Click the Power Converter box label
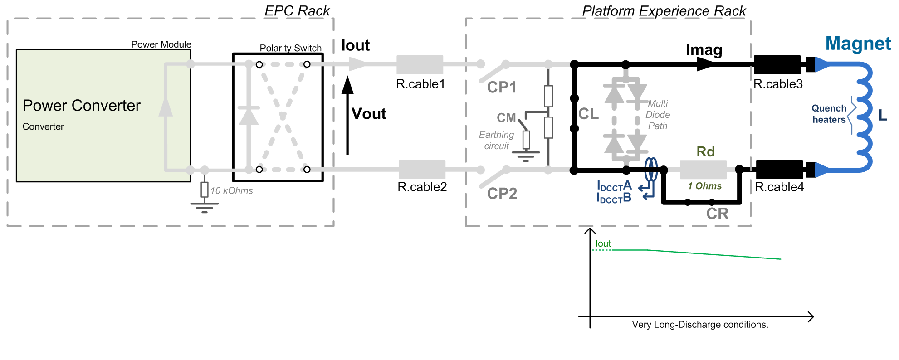point(82,106)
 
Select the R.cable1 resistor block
point(420,64)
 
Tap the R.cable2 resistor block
point(422,169)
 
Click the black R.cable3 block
point(777,64)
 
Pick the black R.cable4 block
point(779,169)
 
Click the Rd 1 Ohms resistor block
point(703,169)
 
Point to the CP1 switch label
point(502,87)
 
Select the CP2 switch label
point(502,194)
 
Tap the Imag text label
point(704,49)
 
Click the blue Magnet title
point(858,44)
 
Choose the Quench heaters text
point(829,114)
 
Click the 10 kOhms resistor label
point(232,191)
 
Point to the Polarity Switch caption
point(290,48)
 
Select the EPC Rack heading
point(297,11)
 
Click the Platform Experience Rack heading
point(664,11)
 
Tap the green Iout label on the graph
point(603,243)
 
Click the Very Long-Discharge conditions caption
point(700,325)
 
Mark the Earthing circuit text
point(496,140)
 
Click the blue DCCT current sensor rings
point(651,169)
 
